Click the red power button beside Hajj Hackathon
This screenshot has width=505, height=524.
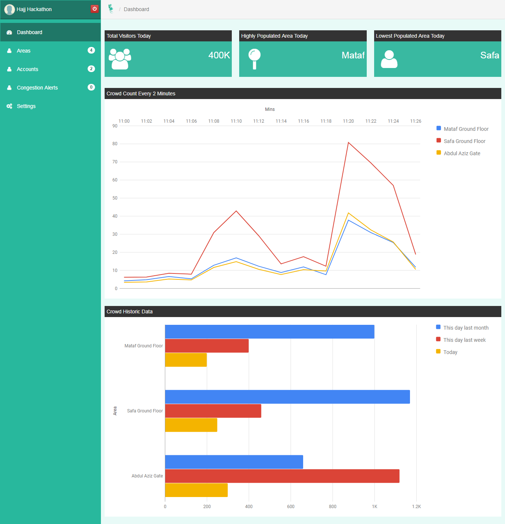[x=95, y=9]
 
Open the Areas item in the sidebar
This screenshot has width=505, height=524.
[x=24, y=51]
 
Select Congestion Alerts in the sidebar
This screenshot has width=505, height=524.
[x=37, y=88]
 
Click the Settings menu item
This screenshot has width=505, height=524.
[x=26, y=106]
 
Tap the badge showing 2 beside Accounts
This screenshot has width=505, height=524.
[x=91, y=69]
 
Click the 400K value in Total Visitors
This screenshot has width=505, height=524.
[x=219, y=55]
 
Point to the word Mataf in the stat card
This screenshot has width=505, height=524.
[x=353, y=55]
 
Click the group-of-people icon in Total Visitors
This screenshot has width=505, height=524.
[x=120, y=59]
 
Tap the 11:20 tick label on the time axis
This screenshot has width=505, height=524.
[x=348, y=121]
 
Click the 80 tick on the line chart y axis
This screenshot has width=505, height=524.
[x=115, y=144]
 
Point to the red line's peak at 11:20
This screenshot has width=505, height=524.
[x=348, y=143]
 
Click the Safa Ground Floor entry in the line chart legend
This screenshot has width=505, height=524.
[x=464, y=141]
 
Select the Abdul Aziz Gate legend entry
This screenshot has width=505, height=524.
[x=462, y=153]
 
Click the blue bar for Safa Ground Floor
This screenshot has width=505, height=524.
[x=287, y=397]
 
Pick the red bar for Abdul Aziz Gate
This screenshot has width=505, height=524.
[x=282, y=476]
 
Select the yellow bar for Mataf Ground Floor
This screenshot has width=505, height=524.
[x=186, y=360]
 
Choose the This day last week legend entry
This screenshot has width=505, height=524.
[x=464, y=340]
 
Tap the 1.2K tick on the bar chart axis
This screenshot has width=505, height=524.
[x=416, y=507]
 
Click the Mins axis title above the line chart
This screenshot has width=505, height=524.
[x=270, y=109]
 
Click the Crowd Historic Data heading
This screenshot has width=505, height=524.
[x=130, y=312]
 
